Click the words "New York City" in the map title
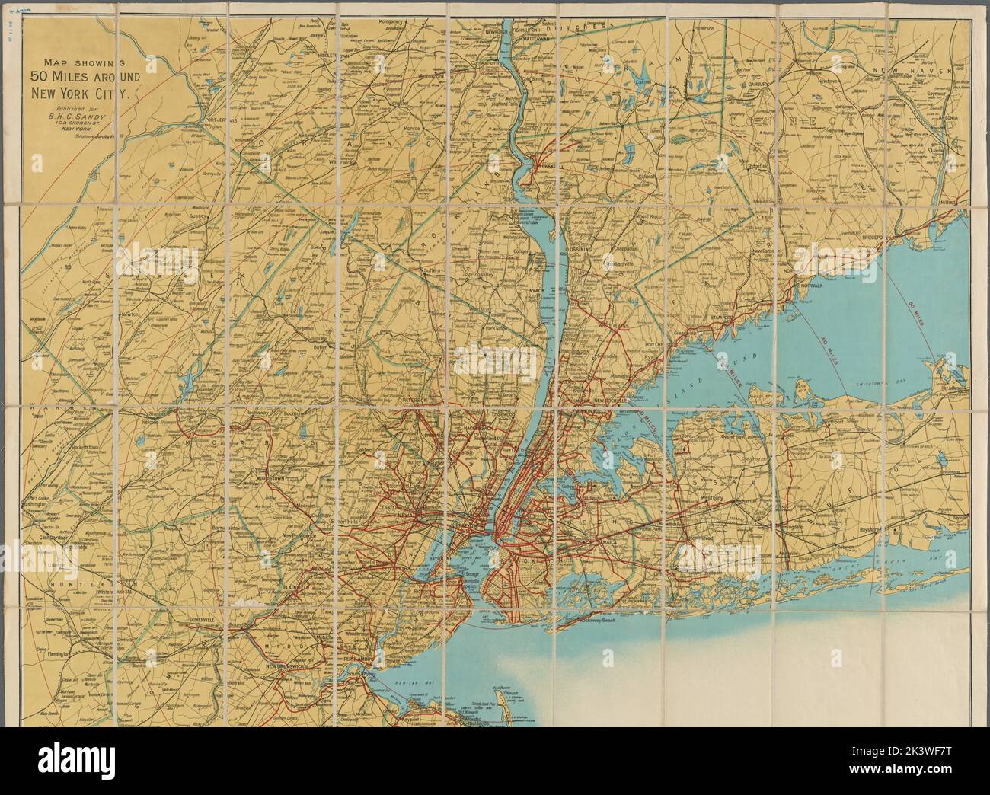click(x=82, y=95)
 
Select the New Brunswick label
click(x=286, y=667)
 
